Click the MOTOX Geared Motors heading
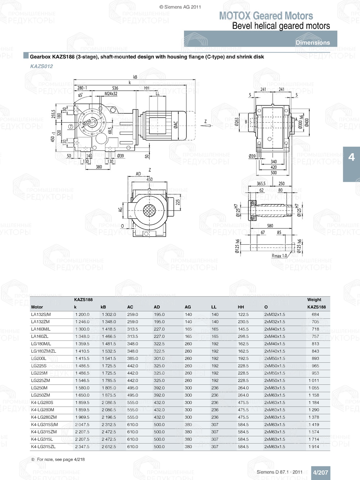click(266, 16)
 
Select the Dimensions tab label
click(312, 42)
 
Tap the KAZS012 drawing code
click(41, 66)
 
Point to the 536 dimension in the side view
click(115, 88)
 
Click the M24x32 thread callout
click(111, 94)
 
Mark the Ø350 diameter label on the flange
click(87, 122)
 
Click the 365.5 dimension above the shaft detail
click(261, 184)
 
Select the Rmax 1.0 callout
click(279, 256)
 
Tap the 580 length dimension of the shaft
click(270, 226)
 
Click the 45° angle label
click(80, 95)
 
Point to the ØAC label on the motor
click(176, 125)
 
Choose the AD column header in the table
click(157, 307)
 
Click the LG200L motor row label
click(39, 358)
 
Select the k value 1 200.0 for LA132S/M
click(82, 314)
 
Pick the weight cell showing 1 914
click(314, 447)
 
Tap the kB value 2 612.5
click(109, 447)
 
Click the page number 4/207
click(320, 472)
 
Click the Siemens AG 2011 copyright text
click(180, 7)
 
